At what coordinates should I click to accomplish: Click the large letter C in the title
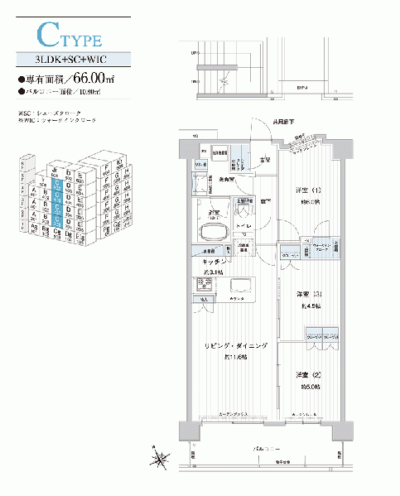[x=48, y=35]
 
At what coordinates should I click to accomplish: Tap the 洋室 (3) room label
[x=301, y=294]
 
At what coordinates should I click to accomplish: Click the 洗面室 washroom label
[x=229, y=180]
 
